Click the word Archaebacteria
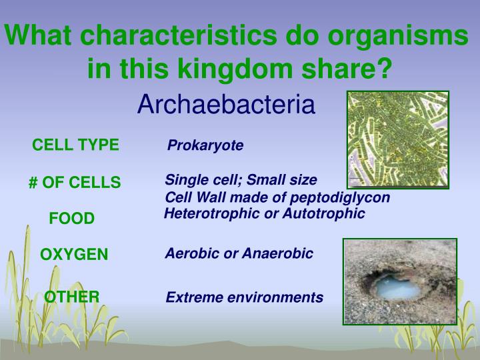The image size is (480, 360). [x=225, y=105]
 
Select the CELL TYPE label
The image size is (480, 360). [x=75, y=145]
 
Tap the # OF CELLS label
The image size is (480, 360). [x=75, y=182]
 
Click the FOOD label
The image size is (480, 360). [x=72, y=219]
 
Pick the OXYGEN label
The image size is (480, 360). [x=74, y=255]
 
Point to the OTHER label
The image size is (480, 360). [x=72, y=297]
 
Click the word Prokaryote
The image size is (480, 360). [x=205, y=145]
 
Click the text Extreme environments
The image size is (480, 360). [x=244, y=297]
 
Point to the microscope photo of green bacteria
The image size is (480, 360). [x=398, y=139]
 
